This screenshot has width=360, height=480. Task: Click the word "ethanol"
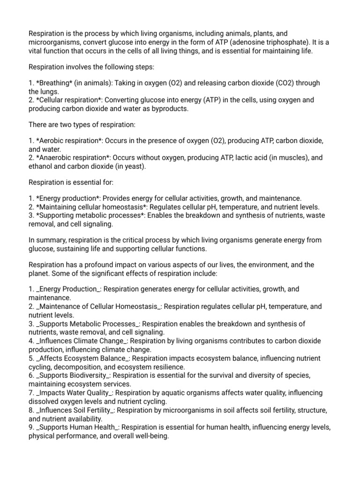42,166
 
